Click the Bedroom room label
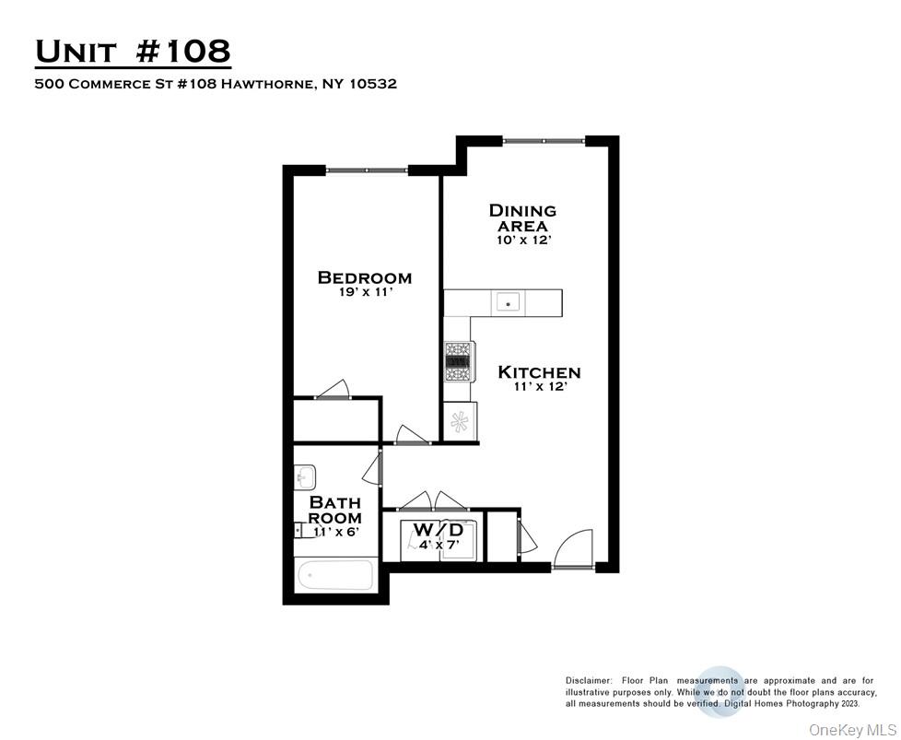364,277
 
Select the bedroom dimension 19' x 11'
365,294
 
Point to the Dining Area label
522,217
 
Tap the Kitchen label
539,372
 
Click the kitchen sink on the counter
508,301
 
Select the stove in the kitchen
459,361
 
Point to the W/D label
437,530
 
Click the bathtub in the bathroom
335,576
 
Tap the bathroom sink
305,476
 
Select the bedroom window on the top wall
367,170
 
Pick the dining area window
544,141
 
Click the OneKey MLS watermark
846,730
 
